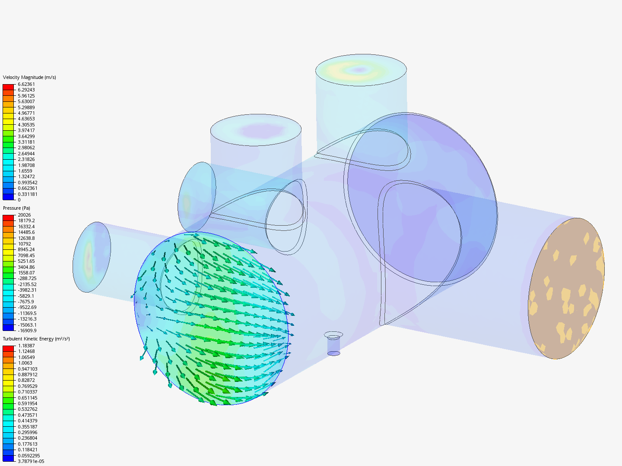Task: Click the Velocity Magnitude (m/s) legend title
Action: point(29,77)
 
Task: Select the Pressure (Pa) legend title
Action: point(16,208)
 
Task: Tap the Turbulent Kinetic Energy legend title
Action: point(36,339)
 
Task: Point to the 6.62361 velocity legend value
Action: point(26,84)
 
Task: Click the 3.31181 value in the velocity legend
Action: point(26,142)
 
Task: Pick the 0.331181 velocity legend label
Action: point(28,194)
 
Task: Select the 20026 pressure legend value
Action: point(24,215)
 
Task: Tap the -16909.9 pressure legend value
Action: point(27,331)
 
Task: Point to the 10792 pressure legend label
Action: point(24,244)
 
